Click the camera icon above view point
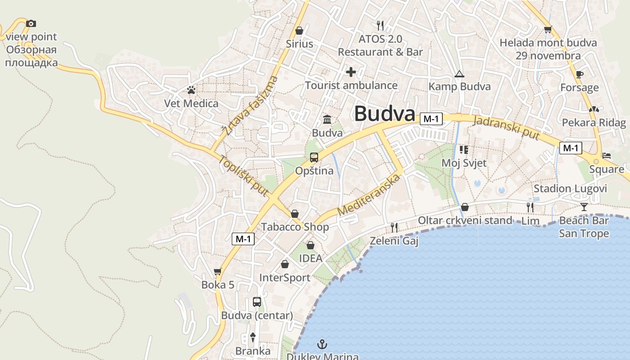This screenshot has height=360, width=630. (x=31, y=23)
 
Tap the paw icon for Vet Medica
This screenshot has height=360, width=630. (x=191, y=90)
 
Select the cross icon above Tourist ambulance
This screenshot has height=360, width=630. (x=351, y=72)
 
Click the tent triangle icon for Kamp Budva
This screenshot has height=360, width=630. (x=459, y=74)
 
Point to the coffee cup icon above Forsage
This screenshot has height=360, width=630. (x=579, y=74)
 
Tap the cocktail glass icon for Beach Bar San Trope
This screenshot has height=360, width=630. (x=584, y=207)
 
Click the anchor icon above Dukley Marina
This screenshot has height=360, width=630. (x=322, y=345)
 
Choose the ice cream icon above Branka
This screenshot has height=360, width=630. (x=253, y=337)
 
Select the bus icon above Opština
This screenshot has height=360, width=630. (x=314, y=157)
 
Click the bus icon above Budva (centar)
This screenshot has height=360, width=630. (x=257, y=302)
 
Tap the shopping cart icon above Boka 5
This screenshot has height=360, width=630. (x=218, y=271)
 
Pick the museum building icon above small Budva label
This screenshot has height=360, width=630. (x=327, y=120)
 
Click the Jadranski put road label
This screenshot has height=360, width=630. (x=507, y=127)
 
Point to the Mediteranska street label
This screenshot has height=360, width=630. (x=369, y=195)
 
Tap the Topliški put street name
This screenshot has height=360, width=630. (x=243, y=175)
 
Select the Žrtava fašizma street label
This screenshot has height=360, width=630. (x=250, y=106)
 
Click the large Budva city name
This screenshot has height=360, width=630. (x=384, y=114)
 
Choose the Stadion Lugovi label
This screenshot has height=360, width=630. (x=570, y=189)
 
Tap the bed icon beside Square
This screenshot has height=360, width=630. (x=607, y=156)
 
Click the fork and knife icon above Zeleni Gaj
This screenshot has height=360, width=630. (x=394, y=227)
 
